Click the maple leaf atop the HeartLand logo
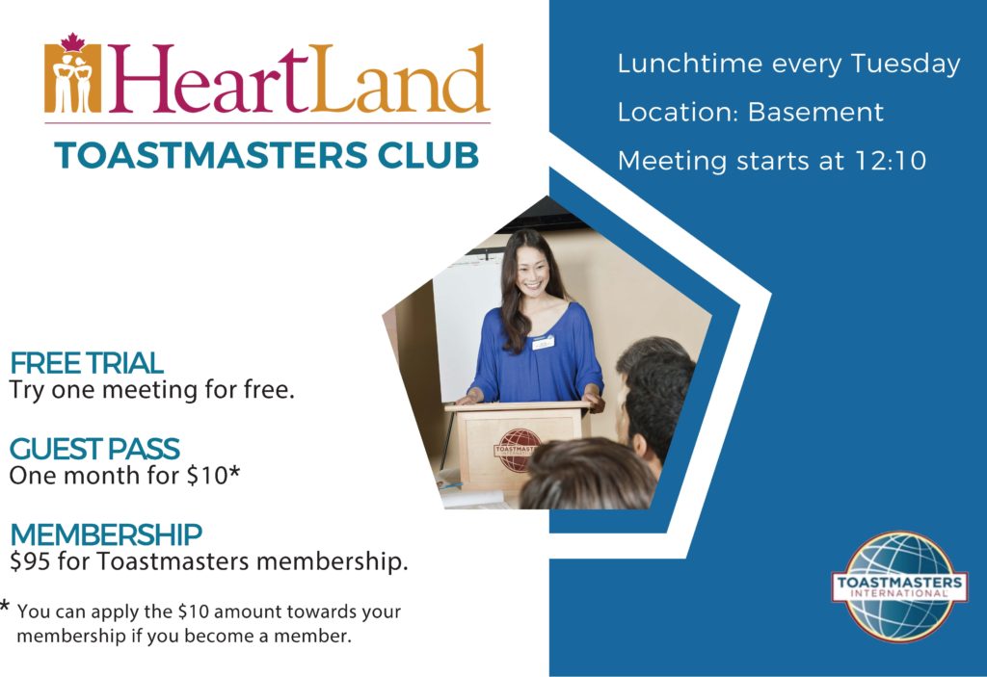(x=72, y=42)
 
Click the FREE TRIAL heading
(x=87, y=364)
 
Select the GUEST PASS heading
(x=94, y=449)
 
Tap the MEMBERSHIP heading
(x=106, y=534)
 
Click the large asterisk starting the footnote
(x=7, y=610)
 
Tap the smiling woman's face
(x=531, y=271)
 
